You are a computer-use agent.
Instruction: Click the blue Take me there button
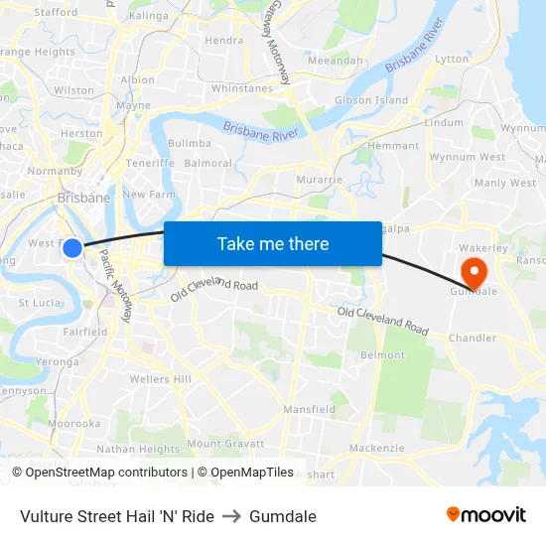[273, 243]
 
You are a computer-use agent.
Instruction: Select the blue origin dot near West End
[72, 248]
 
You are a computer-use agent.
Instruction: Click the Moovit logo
[485, 515]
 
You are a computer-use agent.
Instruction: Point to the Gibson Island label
[371, 100]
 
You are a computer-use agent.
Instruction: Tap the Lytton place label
[452, 60]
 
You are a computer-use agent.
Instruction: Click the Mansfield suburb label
[309, 409]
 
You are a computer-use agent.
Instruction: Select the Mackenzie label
[377, 448]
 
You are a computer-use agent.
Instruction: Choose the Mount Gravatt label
[225, 443]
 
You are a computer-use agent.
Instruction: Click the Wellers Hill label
[160, 379]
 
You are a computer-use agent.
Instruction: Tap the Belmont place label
[382, 354]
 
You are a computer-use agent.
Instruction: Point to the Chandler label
[472, 338]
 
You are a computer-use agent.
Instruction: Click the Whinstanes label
[241, 88]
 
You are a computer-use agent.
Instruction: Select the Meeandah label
[336, 61]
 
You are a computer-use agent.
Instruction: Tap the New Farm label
[148, 195]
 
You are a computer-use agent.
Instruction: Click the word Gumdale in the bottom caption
[283, 516]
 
